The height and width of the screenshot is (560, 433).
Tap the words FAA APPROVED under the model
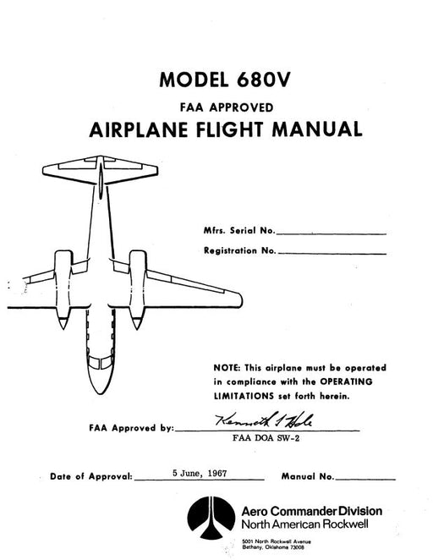[227, 107]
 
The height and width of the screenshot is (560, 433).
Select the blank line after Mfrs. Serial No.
[332, 234]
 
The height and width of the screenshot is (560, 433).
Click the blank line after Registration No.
[332, 254]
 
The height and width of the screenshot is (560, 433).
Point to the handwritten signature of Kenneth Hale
[264, 420]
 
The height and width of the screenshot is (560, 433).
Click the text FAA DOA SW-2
[266, 438]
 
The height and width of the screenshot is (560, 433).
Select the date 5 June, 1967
[200, 473]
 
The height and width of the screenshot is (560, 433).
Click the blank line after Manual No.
[365, 480]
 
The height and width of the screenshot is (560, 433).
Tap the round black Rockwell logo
[211, 518]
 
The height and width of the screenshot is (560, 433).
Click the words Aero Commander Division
[311, 511]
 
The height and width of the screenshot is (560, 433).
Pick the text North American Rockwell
[304, 524]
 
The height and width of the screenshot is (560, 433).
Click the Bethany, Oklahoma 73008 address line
[273, 546]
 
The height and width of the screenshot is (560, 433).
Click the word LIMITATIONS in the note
[244, 396]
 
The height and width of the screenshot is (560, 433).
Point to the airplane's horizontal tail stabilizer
[101, 170]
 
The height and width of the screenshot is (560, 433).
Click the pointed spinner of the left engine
[63, 323]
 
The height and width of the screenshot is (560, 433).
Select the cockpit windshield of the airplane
[101, 363]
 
